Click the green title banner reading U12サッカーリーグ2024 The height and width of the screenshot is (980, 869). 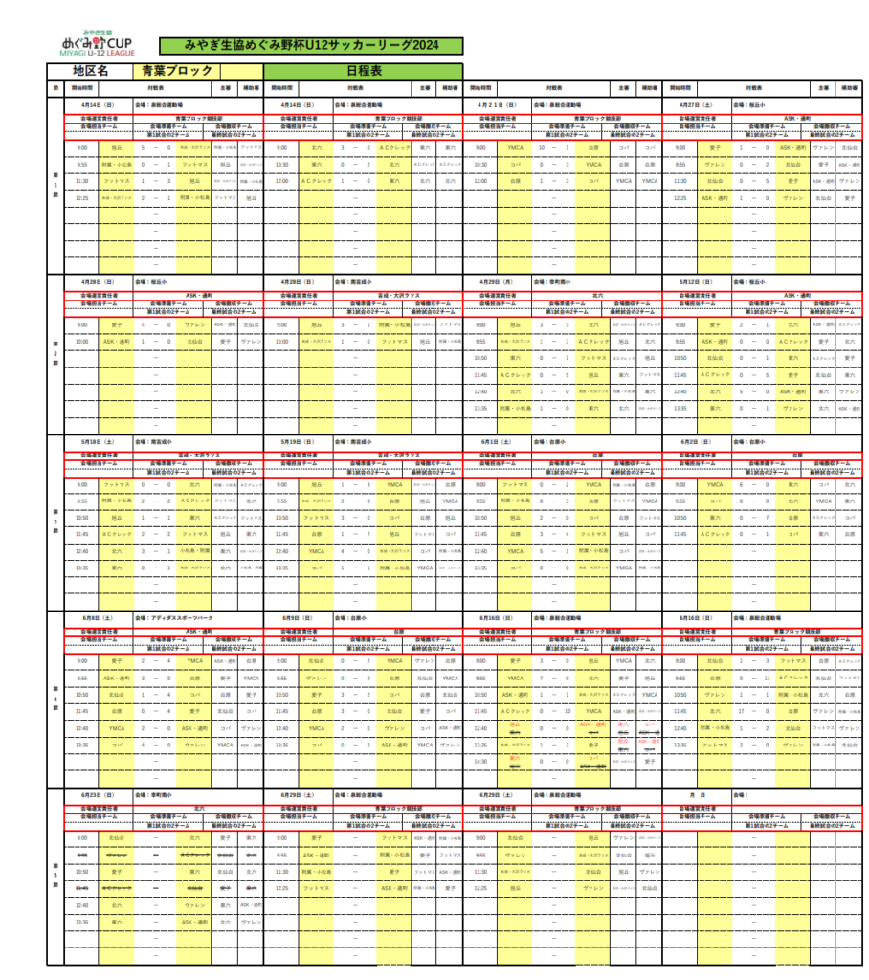(310, 46)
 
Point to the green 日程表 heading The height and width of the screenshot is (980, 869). (364, 71)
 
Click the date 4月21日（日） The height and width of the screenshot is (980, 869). (496, 104)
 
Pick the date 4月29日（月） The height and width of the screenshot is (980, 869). (496, 282)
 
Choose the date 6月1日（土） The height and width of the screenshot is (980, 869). (496, 442)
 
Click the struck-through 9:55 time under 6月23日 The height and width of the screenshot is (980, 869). (82, 855)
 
